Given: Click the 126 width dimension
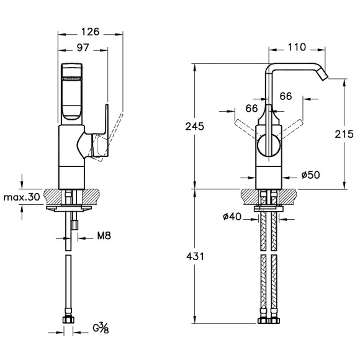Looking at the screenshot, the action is tap(90, 32).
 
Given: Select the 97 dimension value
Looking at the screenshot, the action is tap(83, 48).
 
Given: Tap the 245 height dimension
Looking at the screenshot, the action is tap(195, 127).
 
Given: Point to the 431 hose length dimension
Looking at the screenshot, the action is tap(195, 256).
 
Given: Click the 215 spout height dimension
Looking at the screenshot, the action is tap(344, 134).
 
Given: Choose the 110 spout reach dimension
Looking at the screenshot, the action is tap(297, 47).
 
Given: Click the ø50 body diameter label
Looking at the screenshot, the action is tap(310, 175).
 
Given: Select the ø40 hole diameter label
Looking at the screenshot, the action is tap(232, 216).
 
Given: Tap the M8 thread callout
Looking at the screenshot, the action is tap(104, 236).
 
